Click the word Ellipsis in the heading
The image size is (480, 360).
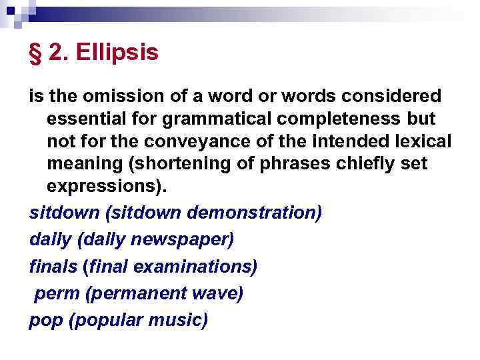(x=117, y=53)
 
